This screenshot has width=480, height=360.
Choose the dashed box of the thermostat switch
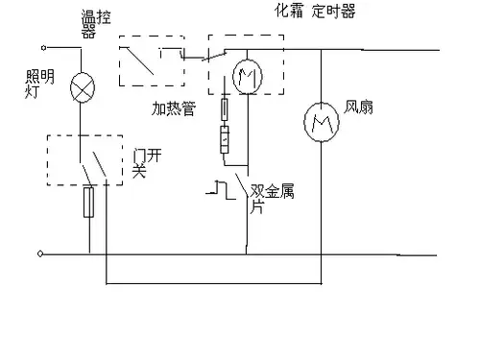pyautogui.click(x=150, y=60)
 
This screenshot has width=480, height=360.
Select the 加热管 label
pyautogui.click(x=172, y=110)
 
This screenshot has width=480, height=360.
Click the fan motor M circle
pyautogui.click(x=318, y=122)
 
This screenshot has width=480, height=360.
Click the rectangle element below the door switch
pyautogui.click(x=89, y=201)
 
